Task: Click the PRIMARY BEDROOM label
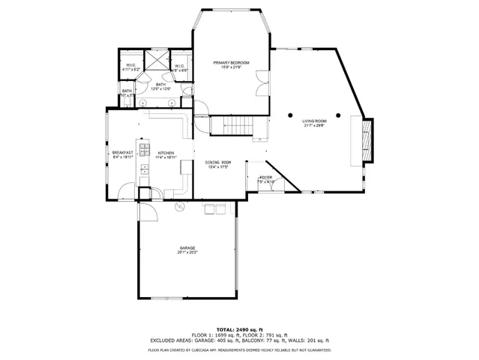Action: (x=230, y=62)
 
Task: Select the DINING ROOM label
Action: (x=219, y=162)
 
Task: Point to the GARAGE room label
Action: (x=187, y=247)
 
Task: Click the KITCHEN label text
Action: (x=166, y=153)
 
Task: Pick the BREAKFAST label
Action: (x=122, y=153)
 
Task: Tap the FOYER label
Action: (x=266, y=177)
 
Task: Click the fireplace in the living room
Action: (x=367, y=141)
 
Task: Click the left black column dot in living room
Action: (x=292, y=115)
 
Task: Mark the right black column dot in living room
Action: (x=338, y=115)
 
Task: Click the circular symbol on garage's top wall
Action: (x=178, y=206)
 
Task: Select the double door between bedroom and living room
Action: (x=261, y=78)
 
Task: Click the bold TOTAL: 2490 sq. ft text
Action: (x=239, y=329)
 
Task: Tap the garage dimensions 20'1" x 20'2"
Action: (x=187, y=253)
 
